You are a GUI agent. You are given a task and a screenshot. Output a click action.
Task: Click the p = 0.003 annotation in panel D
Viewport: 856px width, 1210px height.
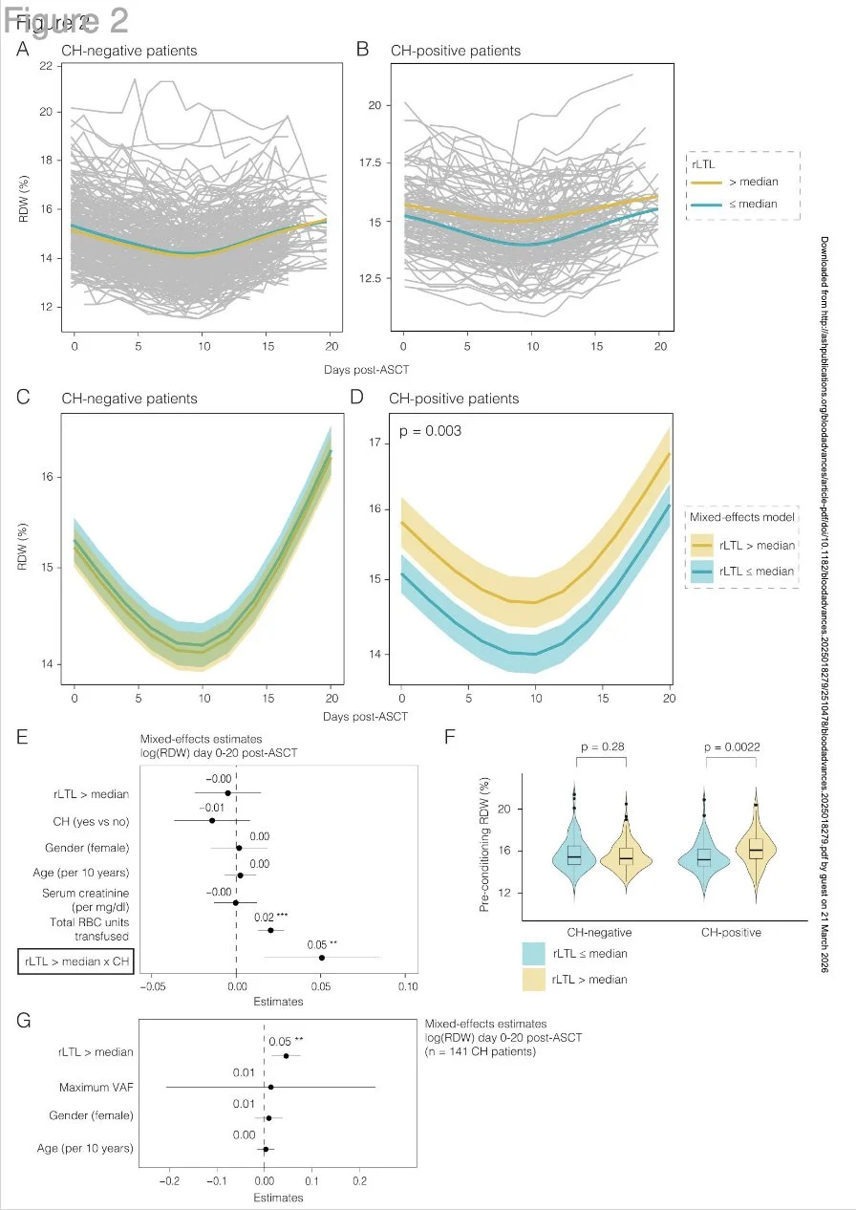(x=430, y=432)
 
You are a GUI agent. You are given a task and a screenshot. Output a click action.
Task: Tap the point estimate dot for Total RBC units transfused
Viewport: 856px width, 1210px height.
(x=270, y=930)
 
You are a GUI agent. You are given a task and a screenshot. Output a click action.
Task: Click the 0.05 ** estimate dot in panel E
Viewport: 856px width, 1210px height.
(x=322, y=957)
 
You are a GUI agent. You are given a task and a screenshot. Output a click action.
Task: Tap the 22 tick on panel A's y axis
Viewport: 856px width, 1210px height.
(x=46, y=66)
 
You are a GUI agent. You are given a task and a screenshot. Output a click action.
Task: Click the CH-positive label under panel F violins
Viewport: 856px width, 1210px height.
(x=731, y=933)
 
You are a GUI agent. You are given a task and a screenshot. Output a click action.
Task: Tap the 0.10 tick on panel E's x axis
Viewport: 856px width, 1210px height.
(x=407, y=987)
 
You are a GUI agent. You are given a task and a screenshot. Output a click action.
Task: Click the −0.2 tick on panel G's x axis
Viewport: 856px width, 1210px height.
(x=170, y=1181)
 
